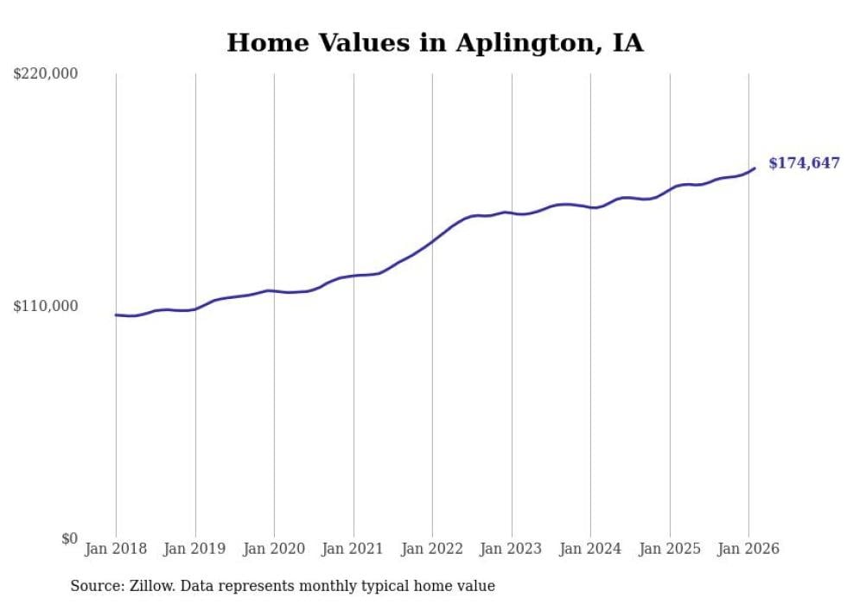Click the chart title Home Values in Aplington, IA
pyautogui.click(x=435, y=43)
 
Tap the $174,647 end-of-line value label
pyautogui.click(x=804, y=162)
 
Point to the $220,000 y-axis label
pyautogui.click(x=46, y=74)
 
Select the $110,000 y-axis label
pyautogui.click(x=46, y=306)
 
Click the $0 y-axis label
pyautogui.click(x=69, y=538)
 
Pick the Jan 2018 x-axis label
pyautogui.click(x=116, y=549)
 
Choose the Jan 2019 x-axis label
pyautogui.click(x=195, y=549)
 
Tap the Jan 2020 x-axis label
pyautogui.click(x=274, y=549)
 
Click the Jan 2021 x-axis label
pyautogui.click(x=353, y=549)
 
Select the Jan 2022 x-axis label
pyautogui.click(x=432, y=549)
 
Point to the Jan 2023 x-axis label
pyautogui.click(x=512, y=549)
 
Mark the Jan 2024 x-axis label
pyautogui.click(x=590, y=549)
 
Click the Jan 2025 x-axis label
pyautogui.click(x=670, y=549)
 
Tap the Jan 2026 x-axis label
pyautogui.click(x=748, y=549)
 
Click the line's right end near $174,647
pyautogui.click(x=755, y=168)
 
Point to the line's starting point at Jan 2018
pyautogui.click(x=116, y=315)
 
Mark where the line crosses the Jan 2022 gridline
pyautogui.click(x=432, y=241)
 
